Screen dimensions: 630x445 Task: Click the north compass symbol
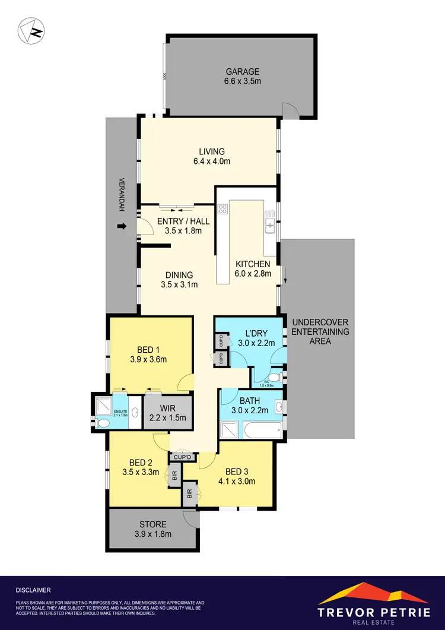point(31,31)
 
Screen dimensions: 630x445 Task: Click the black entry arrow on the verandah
point(122,226)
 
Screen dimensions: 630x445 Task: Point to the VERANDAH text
point(122,196)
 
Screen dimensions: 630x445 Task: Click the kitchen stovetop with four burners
point(223,208)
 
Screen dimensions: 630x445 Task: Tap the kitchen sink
point(269,224)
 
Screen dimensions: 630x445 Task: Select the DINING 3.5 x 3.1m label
point(179,280)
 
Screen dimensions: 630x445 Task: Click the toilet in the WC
point(274,378)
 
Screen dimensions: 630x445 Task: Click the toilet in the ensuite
point(102,423)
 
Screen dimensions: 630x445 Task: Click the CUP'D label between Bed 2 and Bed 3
point(182,457)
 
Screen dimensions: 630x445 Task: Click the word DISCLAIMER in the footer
point(33,590)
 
